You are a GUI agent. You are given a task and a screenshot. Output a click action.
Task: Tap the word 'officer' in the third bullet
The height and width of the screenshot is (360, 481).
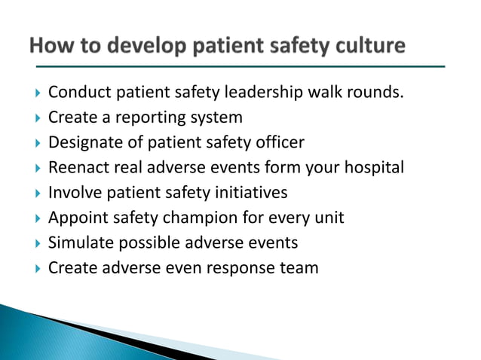click(277, 142)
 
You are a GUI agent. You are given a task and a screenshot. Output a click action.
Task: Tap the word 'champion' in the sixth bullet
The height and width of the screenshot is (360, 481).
click(198, 218)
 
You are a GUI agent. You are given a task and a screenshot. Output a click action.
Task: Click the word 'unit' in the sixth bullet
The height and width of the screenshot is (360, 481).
click(329, 218)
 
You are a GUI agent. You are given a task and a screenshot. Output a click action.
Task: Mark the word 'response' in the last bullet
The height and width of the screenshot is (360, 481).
click(240, 267)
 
